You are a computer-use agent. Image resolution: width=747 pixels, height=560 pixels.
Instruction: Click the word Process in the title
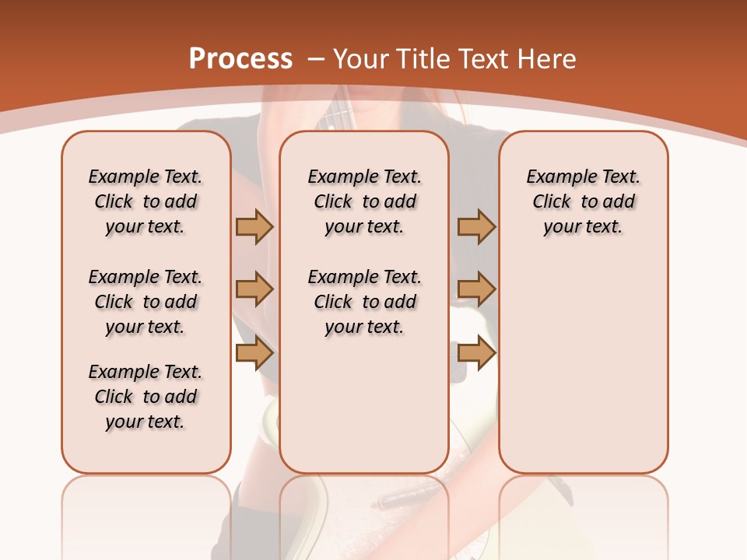click(240, 59)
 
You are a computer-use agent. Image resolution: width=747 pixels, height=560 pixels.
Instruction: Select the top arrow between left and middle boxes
click(254, 226)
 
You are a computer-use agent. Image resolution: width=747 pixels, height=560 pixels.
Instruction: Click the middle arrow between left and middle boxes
click(254, 289)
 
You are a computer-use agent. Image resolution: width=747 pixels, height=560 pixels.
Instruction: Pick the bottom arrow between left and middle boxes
click(254, 353)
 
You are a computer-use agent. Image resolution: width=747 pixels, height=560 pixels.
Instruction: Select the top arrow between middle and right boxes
click(476, 226)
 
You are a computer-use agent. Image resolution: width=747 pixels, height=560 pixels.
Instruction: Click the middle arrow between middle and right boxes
click(476, 289)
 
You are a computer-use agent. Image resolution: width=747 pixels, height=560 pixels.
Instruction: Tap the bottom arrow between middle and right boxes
click(476, 353)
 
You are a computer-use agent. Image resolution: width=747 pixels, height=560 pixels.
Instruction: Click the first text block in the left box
click(146, 201)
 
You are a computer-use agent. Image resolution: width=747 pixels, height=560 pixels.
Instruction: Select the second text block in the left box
click(146, 302)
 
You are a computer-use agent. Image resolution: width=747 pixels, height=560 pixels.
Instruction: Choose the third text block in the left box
click(146, 397)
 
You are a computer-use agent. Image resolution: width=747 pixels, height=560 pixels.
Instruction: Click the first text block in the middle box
click(364, 201)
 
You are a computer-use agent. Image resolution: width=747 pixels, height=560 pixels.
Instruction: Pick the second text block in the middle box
click(364, 302)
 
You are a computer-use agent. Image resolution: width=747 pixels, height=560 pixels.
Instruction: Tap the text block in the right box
click(583, 201)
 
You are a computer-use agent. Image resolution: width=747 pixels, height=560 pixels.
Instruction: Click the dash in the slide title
click(317, 60)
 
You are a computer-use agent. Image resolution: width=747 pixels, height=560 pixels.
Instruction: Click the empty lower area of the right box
click(583, 373)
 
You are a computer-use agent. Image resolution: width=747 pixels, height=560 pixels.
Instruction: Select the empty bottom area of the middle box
click(364, 412)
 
